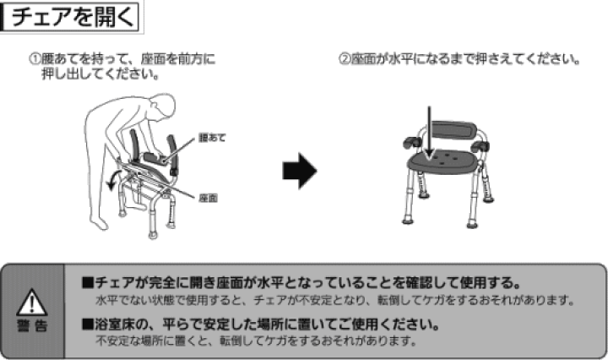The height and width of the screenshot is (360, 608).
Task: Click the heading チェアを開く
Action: point(68,19)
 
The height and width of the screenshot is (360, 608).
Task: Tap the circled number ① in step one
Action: point(35,61)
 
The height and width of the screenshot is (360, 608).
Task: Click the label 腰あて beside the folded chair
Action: point(213,136)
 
